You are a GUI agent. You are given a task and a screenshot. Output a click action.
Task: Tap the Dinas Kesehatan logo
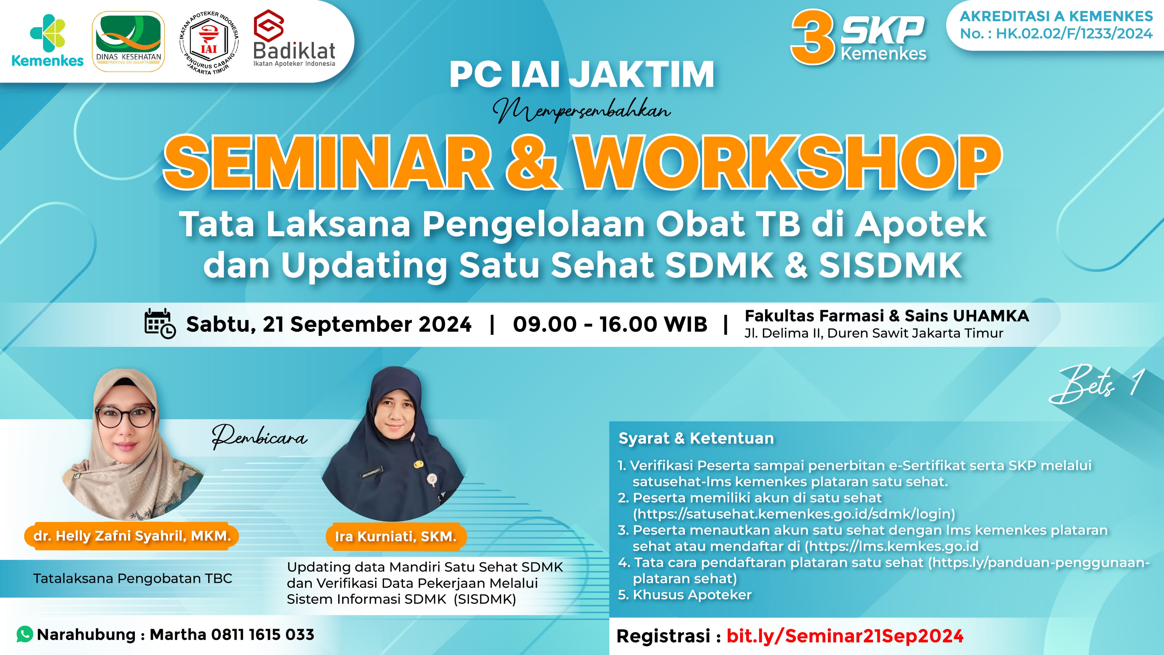coord(129,42)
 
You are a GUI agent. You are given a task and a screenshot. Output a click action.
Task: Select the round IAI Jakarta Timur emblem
coord(209,42)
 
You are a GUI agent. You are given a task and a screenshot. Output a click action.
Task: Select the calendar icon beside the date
coord(159,324)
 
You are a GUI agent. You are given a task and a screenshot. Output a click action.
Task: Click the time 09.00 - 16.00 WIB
coord(610,324)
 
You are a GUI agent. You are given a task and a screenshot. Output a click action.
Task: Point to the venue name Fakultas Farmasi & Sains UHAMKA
coord(886,315)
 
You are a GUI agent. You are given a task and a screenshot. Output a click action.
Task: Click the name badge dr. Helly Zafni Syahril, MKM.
coord(132,536)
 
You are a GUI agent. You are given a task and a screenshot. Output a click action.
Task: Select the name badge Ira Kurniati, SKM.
coord(395,537)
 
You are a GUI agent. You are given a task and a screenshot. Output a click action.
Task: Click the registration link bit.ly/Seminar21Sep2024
coord(845,636)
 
